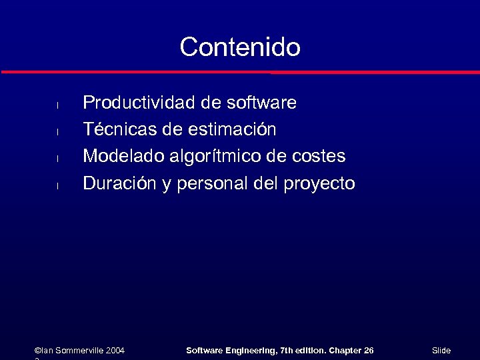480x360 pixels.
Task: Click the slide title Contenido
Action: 240,47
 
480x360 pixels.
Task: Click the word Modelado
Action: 123,156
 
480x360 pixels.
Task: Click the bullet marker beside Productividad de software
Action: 58,105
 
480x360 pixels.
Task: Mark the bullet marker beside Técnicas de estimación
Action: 58,131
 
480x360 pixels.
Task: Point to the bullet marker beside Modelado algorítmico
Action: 58,158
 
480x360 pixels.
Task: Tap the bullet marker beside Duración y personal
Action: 58,185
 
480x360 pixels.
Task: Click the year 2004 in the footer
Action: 115,350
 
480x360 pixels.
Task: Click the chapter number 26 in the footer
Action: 369,350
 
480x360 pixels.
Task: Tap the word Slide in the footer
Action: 441,350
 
